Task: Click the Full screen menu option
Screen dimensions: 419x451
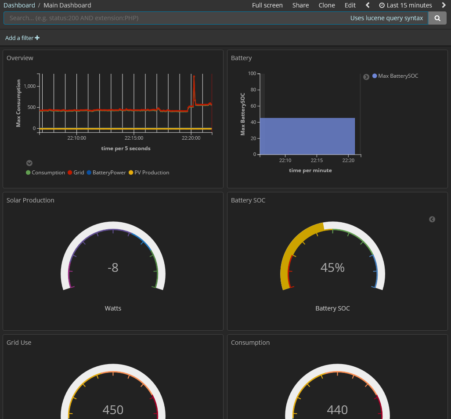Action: [267, 5]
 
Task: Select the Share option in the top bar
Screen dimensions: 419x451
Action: [300, 5]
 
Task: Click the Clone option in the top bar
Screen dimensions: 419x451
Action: [327, 5]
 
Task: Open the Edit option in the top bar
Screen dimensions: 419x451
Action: [350, 5]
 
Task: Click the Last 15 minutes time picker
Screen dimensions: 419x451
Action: [406, 5]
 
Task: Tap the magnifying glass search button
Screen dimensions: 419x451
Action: [437, 18]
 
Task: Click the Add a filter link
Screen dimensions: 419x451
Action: [22, 38]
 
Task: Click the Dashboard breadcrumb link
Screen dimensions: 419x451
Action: [19, 5]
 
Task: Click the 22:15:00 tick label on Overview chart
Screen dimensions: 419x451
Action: [133, 138]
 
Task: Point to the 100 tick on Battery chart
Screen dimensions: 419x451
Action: [252, 73]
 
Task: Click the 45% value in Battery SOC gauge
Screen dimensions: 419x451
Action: [332, 267]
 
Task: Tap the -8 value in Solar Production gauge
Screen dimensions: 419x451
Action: [113, 267]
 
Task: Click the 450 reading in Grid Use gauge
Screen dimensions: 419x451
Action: [113, 410]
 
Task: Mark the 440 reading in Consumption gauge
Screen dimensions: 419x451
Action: [337, 410]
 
